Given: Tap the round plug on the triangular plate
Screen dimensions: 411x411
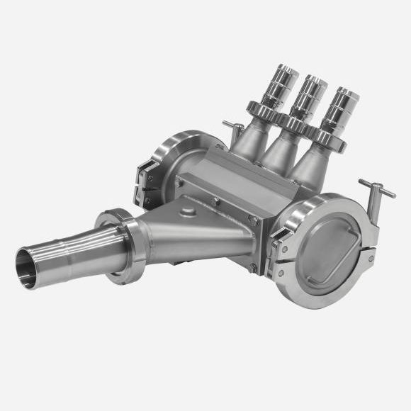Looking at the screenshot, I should click(187, 212).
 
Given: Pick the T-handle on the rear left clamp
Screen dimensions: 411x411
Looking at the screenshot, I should click(233, 128).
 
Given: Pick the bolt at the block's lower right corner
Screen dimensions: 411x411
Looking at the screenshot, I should click(253, 267).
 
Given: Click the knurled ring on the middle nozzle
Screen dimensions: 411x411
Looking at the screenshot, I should click(297, 125).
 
